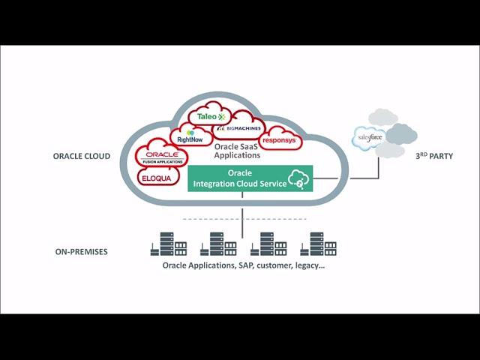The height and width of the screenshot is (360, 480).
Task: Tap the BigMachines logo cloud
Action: [238, 128]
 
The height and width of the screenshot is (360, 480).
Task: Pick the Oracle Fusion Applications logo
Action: [161, 156]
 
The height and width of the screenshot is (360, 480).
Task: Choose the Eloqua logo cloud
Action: [158, 178]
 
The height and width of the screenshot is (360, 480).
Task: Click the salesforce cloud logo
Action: [370, 138]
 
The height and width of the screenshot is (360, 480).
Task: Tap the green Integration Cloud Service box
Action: [249, 178]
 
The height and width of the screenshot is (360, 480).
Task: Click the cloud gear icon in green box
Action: [298, 178]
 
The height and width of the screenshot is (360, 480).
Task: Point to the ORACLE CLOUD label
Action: [82, 157]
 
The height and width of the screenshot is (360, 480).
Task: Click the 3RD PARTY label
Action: [433, 156]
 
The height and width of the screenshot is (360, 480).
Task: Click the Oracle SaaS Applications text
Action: [237, 151]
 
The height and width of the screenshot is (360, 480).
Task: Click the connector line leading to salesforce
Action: [352, 178]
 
